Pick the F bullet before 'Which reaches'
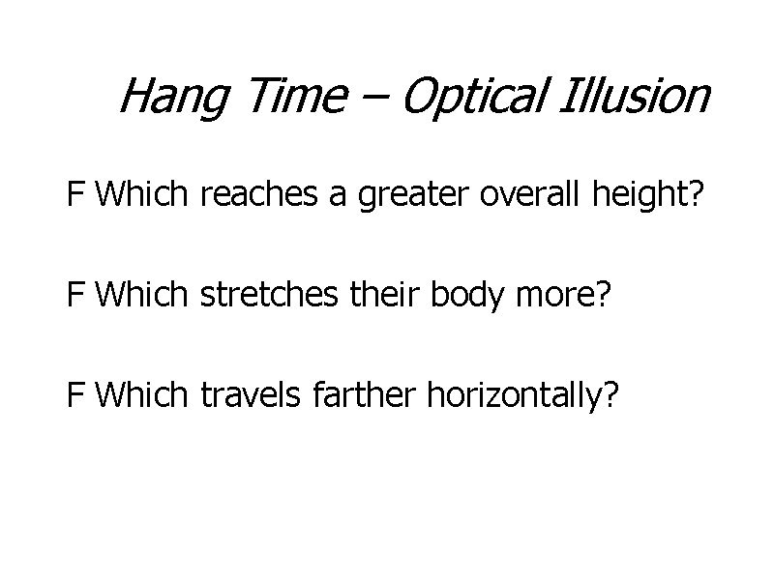pos(75,196)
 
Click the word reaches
pos(253,196)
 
